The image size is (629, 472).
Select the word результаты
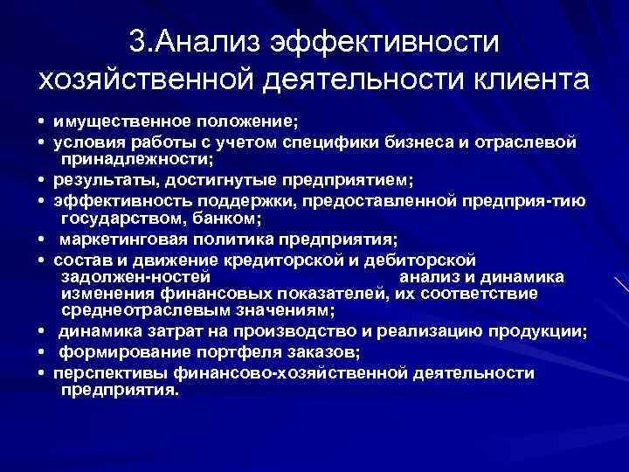(x=97, y=180)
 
